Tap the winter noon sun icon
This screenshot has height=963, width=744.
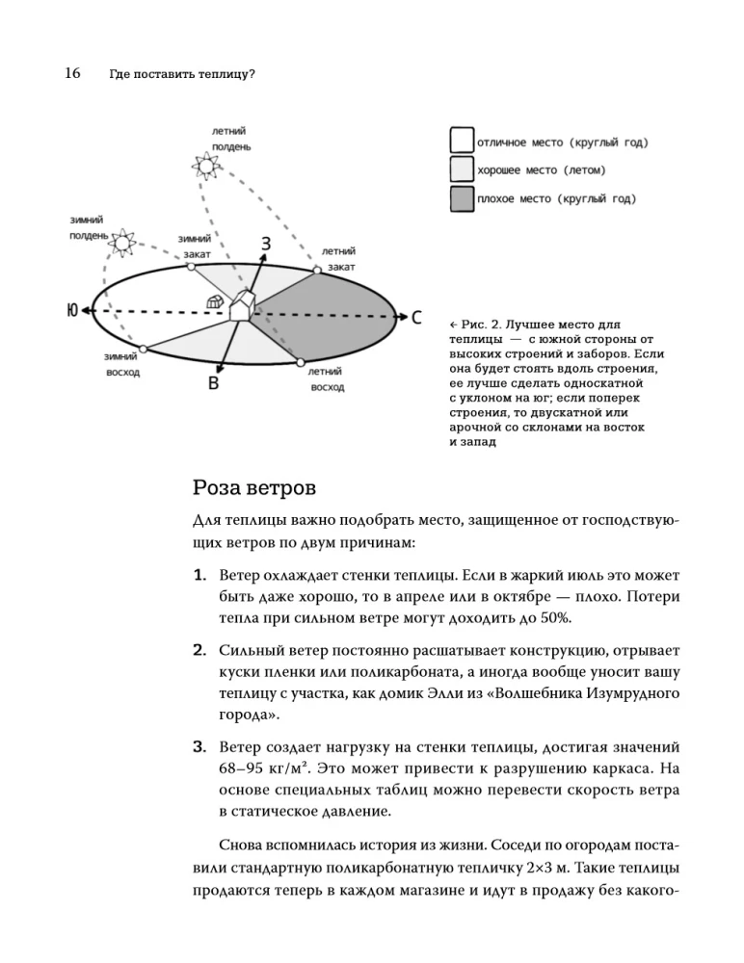tap(122, 242)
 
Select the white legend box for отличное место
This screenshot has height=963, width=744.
tap(462, 143)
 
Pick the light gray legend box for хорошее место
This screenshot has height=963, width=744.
tap(462, 170)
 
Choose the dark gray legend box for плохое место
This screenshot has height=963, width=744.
tap(462, 198)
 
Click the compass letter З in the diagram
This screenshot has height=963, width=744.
tap(265, 244)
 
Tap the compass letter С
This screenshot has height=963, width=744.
tap(416, 317)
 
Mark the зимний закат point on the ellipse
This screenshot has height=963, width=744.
tap(192, 267)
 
